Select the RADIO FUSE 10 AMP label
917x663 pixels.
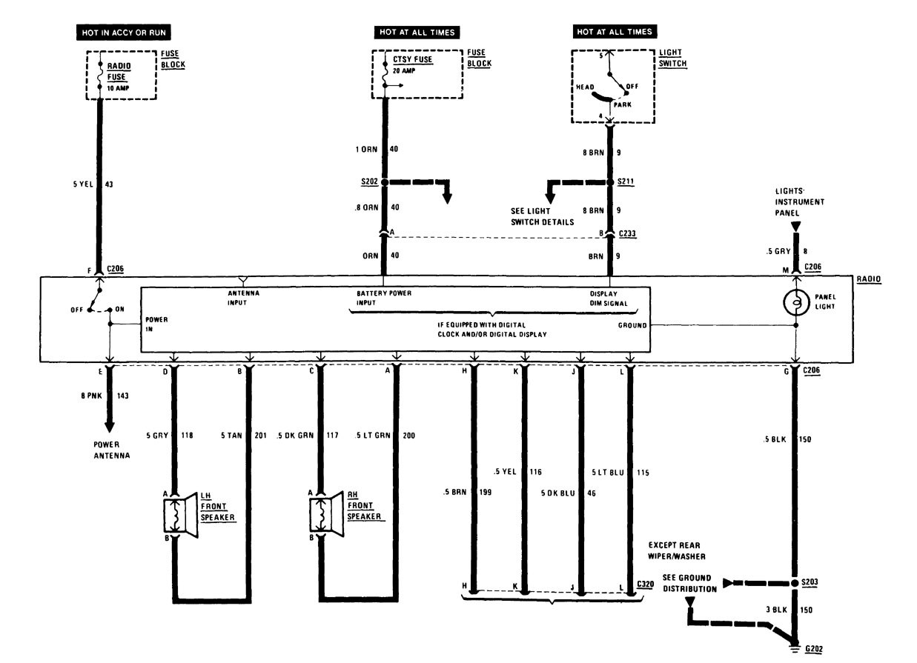[120, 76]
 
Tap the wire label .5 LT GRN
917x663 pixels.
[371, 435]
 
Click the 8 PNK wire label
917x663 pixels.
[85, 396]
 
